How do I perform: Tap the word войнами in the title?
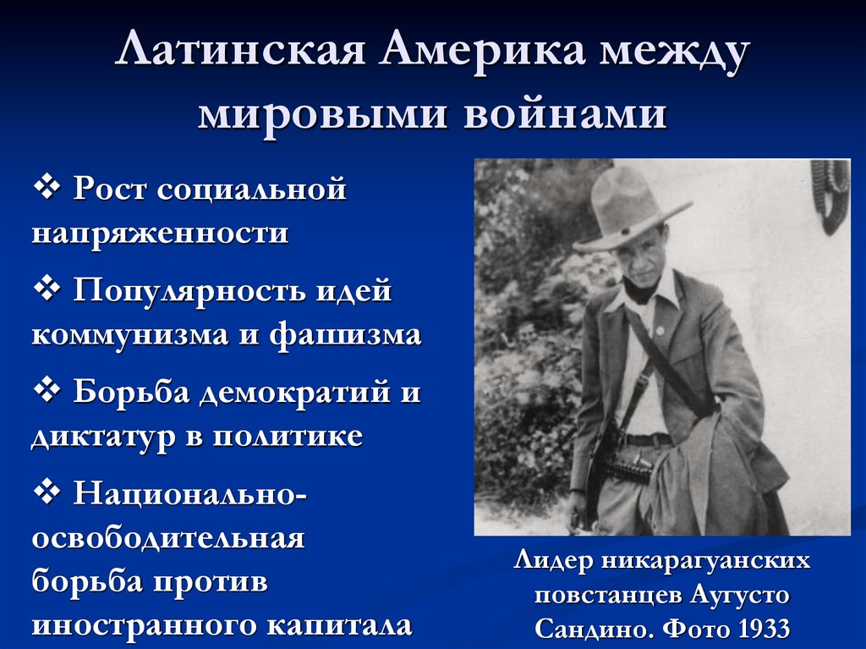pyautogui.click(x=565, y=113)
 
